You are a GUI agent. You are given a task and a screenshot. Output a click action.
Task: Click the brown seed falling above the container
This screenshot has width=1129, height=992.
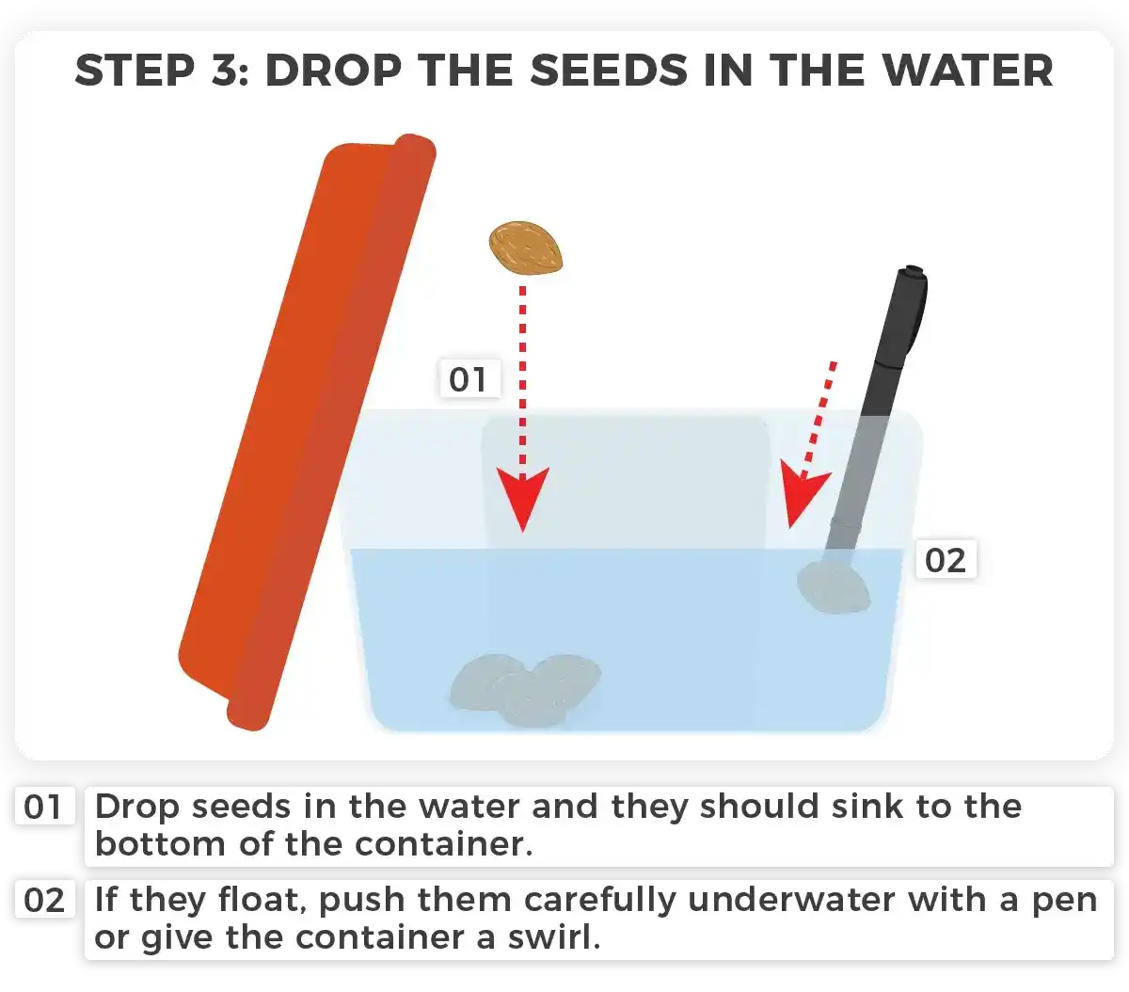coord(526,248)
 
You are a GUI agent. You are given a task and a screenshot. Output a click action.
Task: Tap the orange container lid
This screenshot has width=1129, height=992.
coord(307,432)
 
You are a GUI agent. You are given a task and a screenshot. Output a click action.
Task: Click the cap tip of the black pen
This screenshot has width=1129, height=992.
coord(913,271)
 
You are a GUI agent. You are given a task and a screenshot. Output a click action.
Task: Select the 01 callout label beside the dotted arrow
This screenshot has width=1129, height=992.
coord(469,379)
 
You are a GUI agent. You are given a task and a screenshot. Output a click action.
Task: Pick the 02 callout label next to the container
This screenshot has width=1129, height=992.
coord(946,560)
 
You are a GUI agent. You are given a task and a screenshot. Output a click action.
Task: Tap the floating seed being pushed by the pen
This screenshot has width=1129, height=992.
coord(833,587)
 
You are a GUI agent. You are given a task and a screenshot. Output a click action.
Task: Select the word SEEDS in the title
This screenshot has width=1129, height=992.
coord(609,71)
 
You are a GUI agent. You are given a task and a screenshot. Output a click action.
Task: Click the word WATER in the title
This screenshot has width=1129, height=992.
coord(968,71)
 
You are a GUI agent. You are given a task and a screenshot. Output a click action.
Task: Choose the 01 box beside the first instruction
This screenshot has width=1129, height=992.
coord(44,807)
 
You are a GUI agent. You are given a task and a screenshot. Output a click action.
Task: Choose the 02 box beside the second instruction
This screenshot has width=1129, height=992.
coord(44,900)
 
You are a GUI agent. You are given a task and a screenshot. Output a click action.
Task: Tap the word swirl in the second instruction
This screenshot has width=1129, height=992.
coord(554,937)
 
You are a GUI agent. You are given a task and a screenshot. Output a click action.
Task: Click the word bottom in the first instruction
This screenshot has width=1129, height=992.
coord(161,843)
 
